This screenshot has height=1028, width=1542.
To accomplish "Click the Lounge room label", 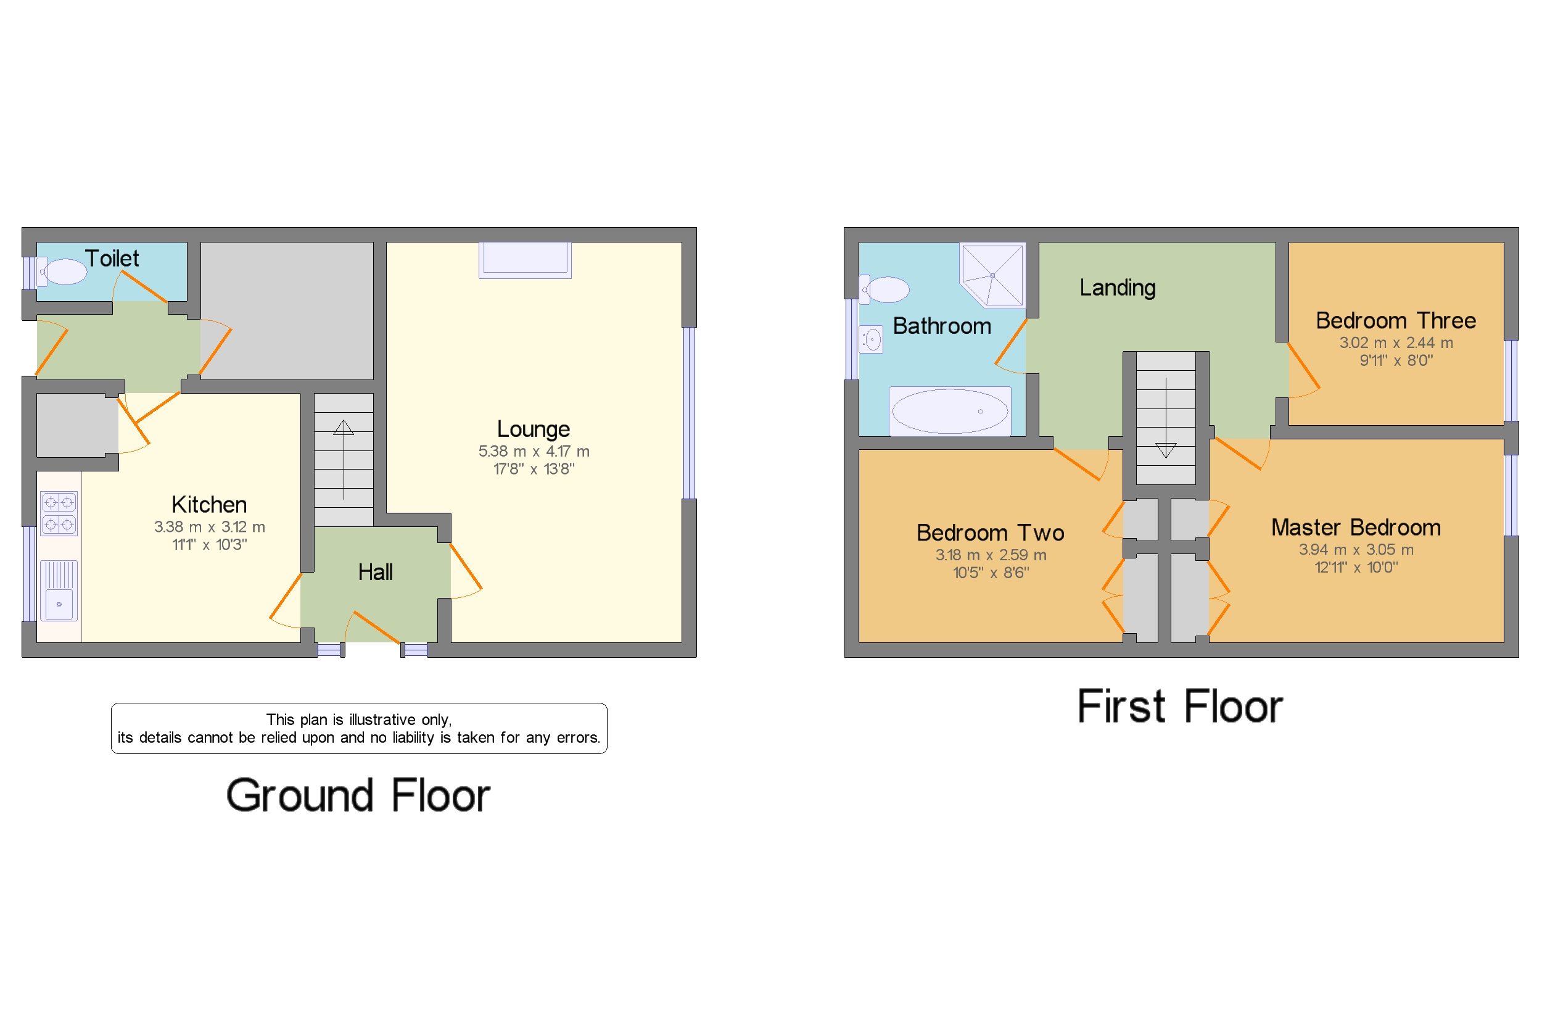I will (533, 429).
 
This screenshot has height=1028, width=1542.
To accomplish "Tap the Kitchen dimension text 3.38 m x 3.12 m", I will (209, 526).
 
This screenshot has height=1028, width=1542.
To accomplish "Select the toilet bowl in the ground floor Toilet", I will (65, 272).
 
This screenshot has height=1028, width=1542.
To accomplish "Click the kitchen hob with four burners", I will (59, 513).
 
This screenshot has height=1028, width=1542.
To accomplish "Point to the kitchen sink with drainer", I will (59, 590).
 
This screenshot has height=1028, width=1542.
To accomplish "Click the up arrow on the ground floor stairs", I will (344, 429).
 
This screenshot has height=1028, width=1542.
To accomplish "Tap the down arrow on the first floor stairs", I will (1165, 450).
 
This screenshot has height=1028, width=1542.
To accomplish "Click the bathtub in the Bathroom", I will (950, 411).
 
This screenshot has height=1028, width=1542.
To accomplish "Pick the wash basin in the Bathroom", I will (872, 339).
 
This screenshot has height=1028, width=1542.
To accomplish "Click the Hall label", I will (375, 571).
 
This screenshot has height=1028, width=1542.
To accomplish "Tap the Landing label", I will (1118, 287).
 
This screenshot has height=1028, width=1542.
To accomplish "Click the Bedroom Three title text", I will (1395, 321).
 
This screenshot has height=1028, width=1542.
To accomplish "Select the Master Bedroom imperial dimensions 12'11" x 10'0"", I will (1356, 567).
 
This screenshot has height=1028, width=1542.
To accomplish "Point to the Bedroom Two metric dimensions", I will (990, 555).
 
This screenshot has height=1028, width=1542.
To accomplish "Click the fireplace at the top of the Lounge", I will (525, 259).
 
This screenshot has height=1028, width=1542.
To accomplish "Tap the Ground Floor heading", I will (358, 795).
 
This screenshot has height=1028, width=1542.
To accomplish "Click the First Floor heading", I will (1179, 707).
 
